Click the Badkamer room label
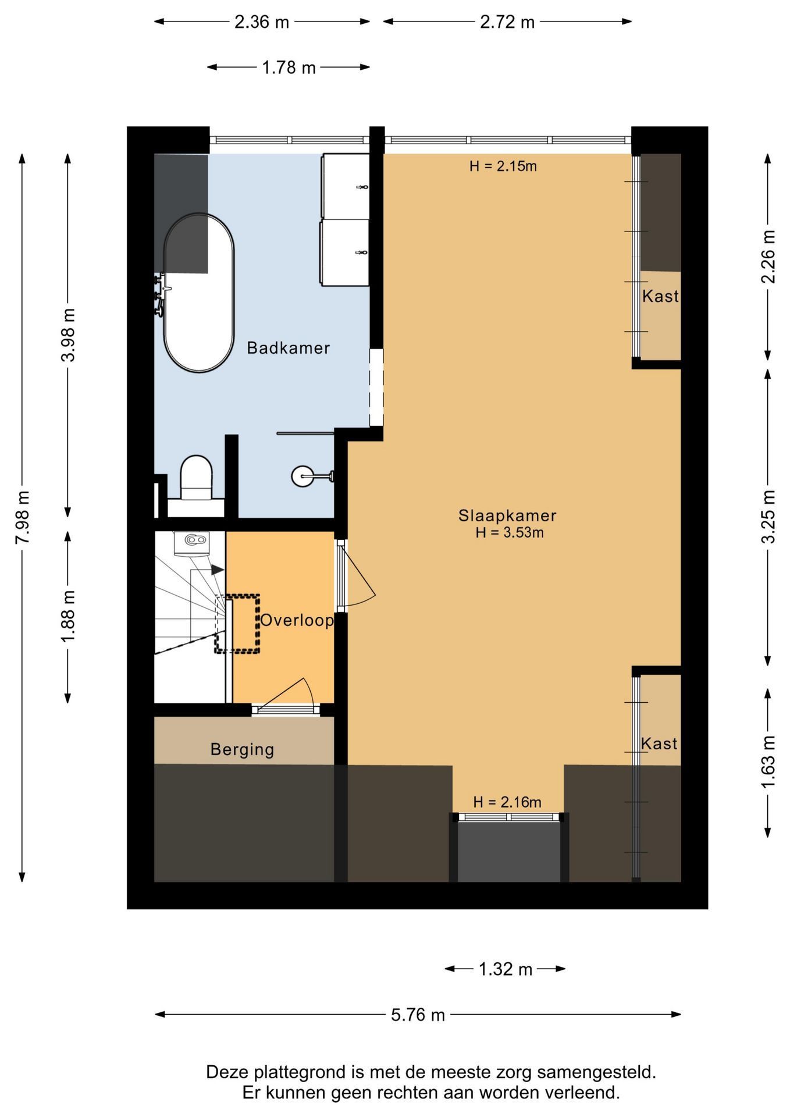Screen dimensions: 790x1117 pos(289,348)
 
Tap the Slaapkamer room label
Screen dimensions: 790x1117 pos(507,515)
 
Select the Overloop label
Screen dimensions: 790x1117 pos(297,620)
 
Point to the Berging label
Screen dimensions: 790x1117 pos(242,749)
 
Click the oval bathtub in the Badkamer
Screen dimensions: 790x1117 pos(199,293)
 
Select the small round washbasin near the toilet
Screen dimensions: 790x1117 pos(304,476)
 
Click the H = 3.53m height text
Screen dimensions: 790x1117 pos(510,532)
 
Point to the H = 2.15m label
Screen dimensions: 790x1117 pos(503,166)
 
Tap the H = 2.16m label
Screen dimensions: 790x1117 pos(507,803)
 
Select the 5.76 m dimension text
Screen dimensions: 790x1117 pos(418,1015)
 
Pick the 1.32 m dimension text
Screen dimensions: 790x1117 pos(506,969)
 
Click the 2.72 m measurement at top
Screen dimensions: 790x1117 pos(507,22)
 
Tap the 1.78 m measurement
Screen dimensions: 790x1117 pos(289,67)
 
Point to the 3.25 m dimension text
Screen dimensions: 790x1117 pos(768,517)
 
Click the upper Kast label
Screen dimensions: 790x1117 pos(660,296)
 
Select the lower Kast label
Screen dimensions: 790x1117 pos(659,743)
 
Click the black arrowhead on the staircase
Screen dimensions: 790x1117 pos(217,570)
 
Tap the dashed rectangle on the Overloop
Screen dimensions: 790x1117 pos(237,624)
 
